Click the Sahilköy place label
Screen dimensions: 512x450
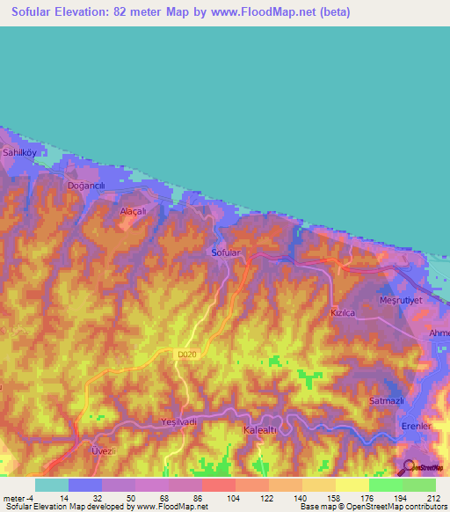click(18, 152)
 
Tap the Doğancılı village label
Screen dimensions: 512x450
click(86, 186)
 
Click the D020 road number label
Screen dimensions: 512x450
click(186, 354)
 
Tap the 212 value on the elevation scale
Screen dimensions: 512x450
click(433, 497)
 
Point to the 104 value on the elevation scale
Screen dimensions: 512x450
click(233, 497)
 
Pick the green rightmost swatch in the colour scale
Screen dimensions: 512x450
click(418, 485)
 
